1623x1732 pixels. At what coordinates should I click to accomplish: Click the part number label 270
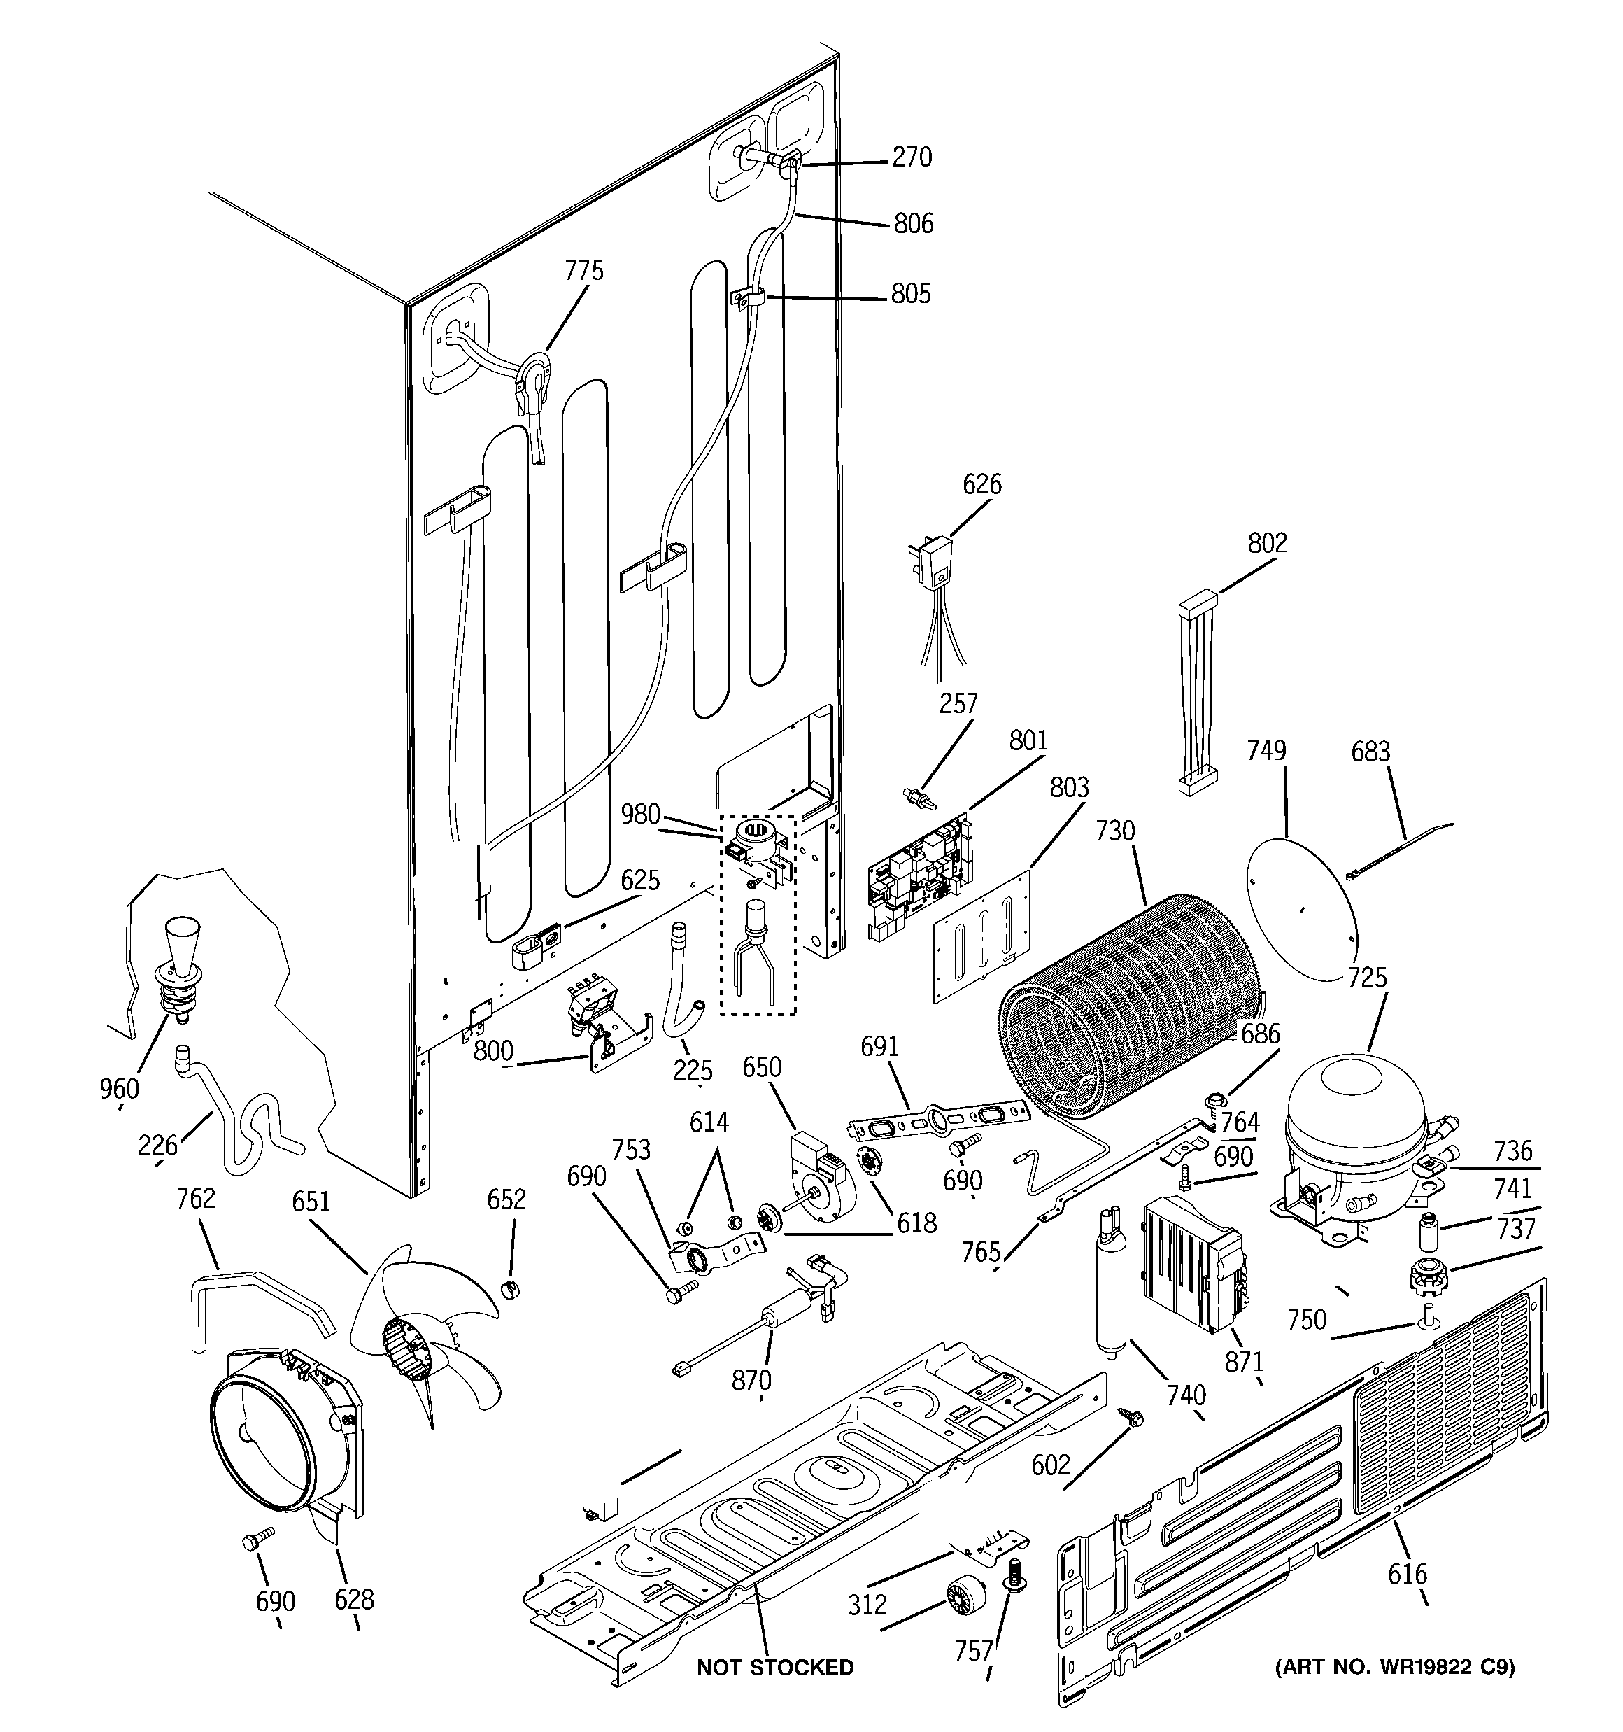(x=912, y=157)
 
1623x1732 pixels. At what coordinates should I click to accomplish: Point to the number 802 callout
(x=1267, y=543)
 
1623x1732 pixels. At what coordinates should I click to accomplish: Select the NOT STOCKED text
(x=774, y=1667)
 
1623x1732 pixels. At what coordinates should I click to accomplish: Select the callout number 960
(x=118, y=1088)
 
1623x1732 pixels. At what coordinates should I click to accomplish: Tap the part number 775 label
(x=583, y=271)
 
